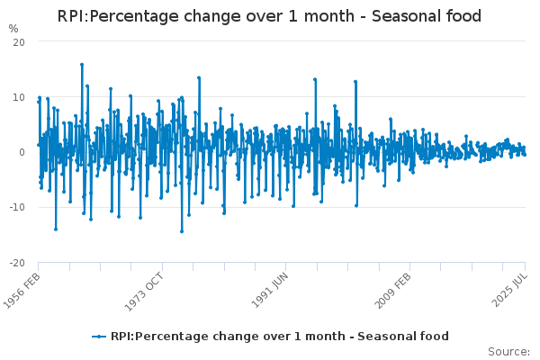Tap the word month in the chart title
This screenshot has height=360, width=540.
[328, 16]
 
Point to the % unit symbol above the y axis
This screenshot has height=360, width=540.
[13, 29]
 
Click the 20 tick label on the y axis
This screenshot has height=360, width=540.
[19, 42]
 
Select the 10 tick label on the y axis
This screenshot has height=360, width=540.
[19, 97]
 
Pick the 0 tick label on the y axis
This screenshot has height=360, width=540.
[22, 152]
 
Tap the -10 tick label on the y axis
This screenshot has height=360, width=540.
[17, 207]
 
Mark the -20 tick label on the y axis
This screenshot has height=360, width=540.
[17, 263]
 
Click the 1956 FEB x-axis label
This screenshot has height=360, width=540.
[22, 291]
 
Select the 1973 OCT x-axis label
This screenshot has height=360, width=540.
[144, 292]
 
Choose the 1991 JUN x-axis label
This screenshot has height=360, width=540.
[270, 291]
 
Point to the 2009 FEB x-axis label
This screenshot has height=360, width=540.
[392, 291]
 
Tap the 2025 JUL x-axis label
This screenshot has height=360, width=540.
[509, 290]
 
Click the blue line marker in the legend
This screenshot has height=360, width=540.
[99, 337]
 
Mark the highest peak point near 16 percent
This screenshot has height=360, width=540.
[82, 65]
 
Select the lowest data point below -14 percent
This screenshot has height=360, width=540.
[182, 231]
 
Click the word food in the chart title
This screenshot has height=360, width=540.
[463, 16]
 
